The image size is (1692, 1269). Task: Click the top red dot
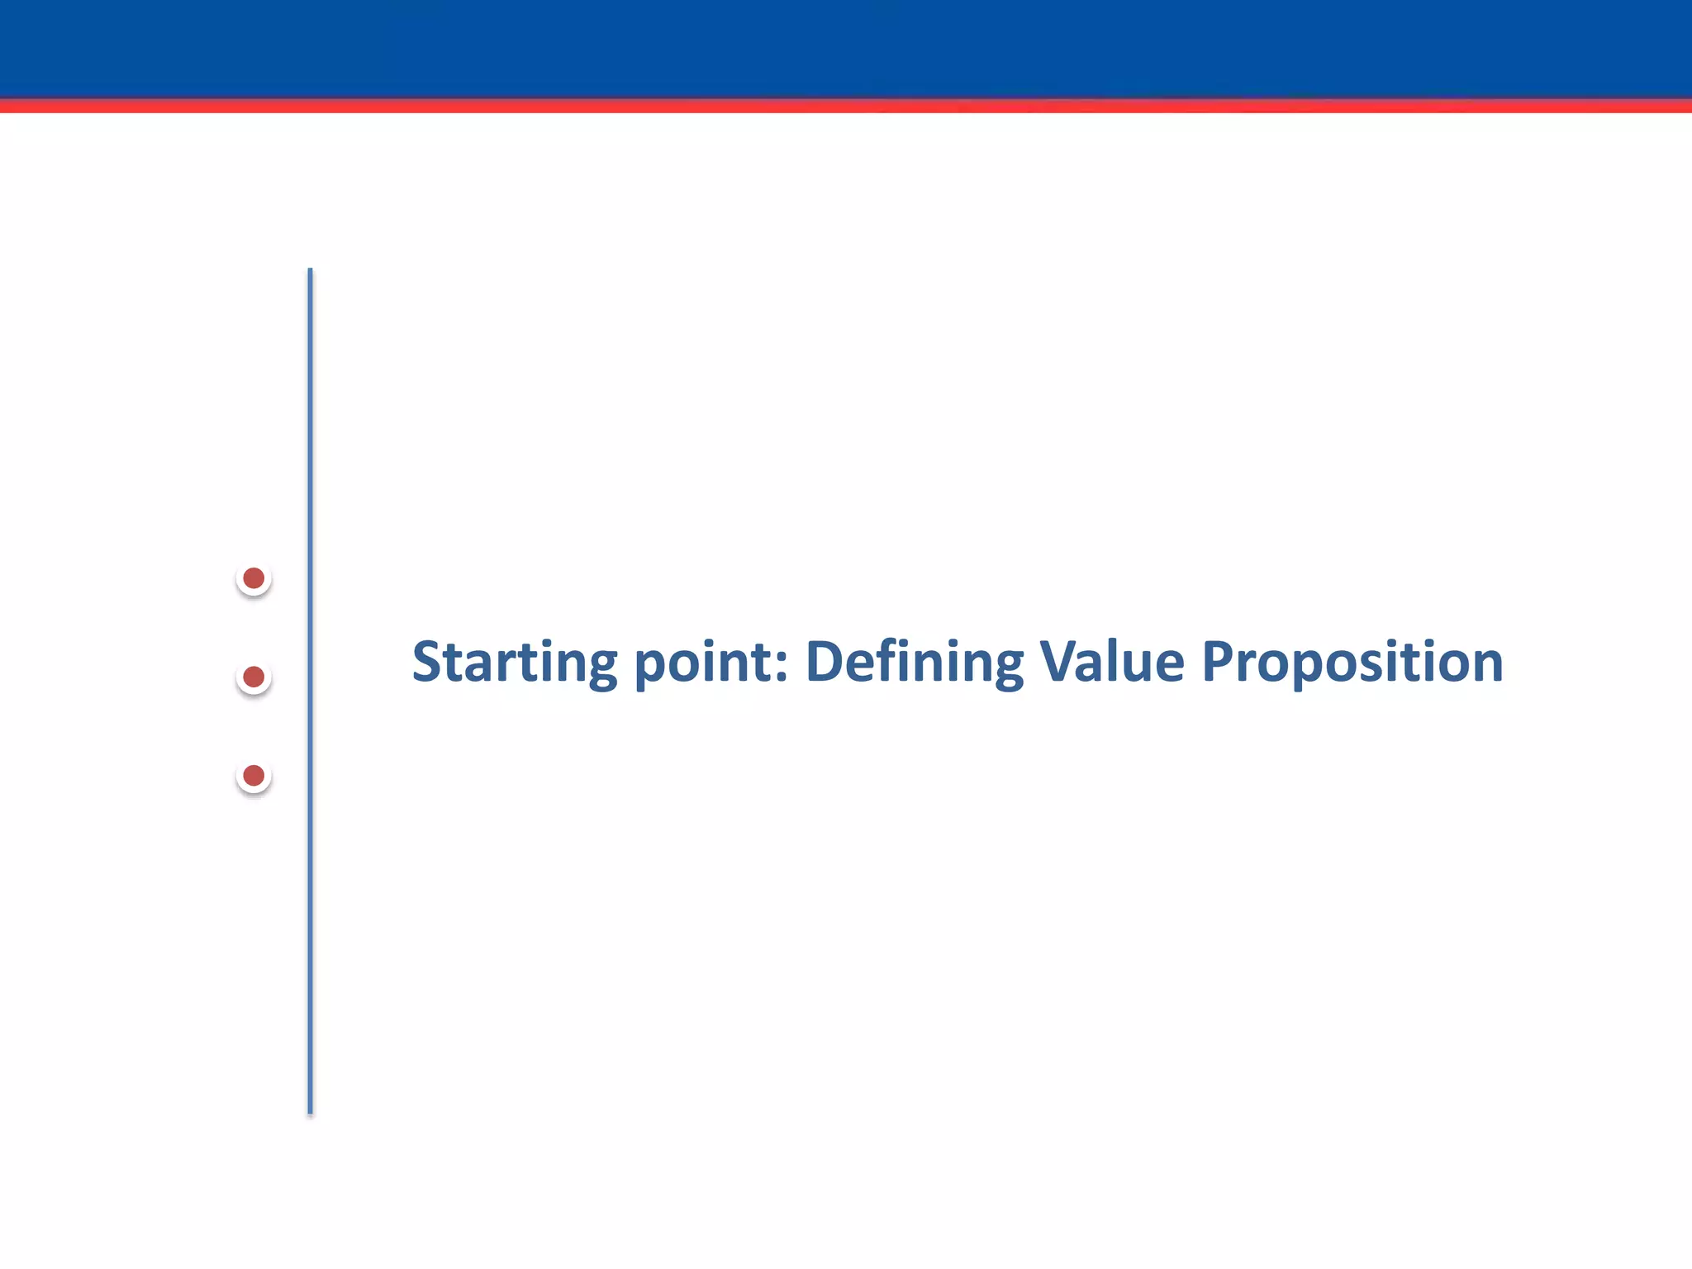point(254,578)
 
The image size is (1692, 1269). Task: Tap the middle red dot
point(254,677)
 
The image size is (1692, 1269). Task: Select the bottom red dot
point(254,776)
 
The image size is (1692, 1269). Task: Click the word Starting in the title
point(514,663)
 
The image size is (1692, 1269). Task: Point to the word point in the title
point(703,663)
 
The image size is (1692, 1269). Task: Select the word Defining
point(914,663)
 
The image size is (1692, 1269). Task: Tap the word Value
point(1112,663)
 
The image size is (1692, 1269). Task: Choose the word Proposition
point(1352,663)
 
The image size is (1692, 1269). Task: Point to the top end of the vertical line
point(310,271)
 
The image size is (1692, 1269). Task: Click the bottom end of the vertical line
point(310,1111)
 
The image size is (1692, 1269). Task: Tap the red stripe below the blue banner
point(846,106)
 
